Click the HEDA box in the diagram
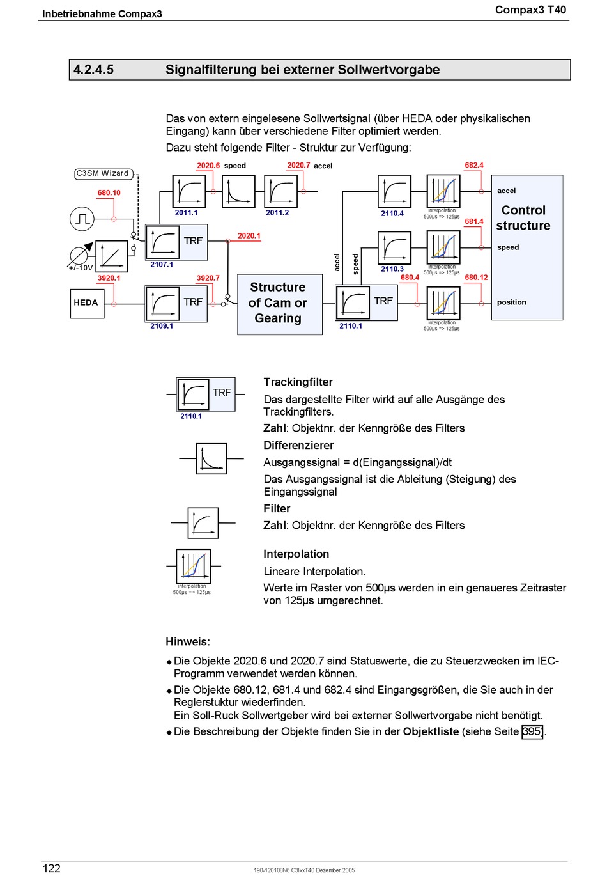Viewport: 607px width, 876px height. pos(87,304)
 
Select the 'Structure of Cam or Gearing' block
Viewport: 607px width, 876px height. pos(279,304)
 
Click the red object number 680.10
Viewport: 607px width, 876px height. pos(109,193)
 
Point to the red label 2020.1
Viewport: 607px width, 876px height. pos(249,236)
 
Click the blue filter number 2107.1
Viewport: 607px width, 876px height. pos(162,265)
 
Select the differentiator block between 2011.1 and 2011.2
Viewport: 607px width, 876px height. pos(238,191)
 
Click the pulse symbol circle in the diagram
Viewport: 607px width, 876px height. pos(82,219)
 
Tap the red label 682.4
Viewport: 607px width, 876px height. pos(473,166)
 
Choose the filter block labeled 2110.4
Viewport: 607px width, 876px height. pos(394,191)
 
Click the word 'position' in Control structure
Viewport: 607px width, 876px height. pos(511,302)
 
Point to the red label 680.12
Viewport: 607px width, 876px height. pos(476,278)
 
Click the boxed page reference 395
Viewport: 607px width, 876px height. pos(532,731)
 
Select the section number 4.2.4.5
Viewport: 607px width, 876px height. pos(93,70)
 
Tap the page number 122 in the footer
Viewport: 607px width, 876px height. pos(51,868)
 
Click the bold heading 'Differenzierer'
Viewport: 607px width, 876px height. pos(298,446)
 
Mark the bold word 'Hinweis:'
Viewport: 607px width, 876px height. pos(188,642)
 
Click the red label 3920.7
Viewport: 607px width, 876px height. pos(208,278)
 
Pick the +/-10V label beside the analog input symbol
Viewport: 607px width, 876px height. pos(81,269)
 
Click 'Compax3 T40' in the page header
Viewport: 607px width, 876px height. pos(530,10)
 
